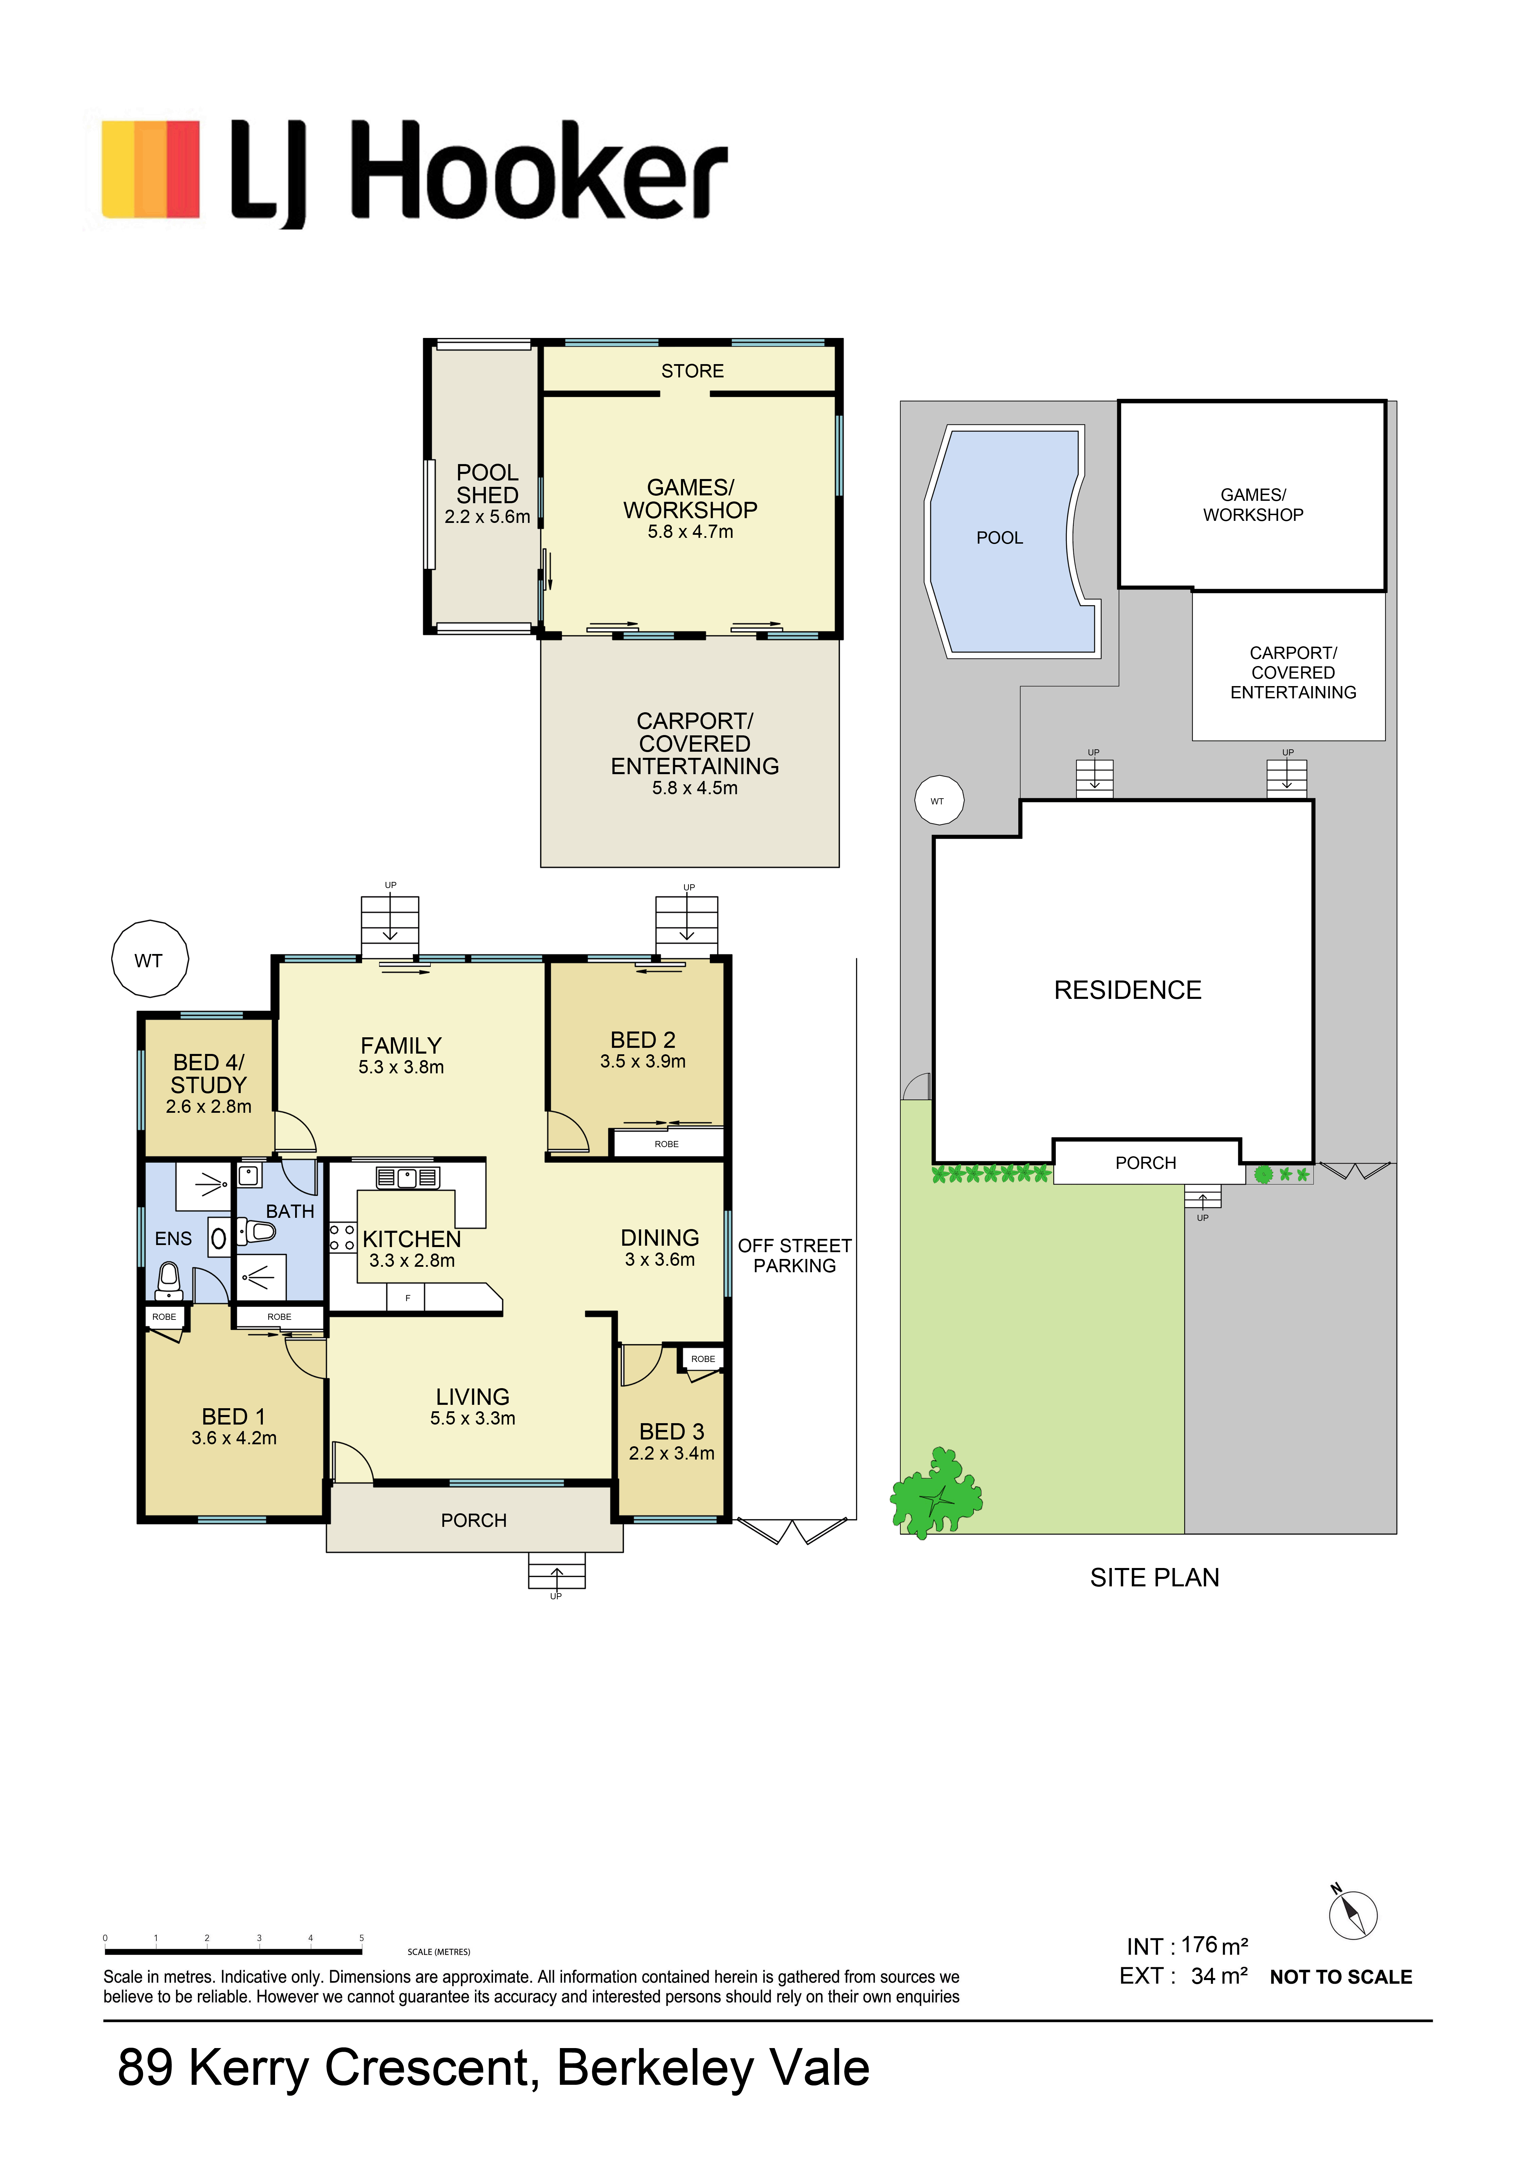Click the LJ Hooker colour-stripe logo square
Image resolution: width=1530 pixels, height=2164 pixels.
click(x=151, y=170)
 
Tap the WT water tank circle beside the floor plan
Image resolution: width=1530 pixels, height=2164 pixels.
click(x=150, y=958)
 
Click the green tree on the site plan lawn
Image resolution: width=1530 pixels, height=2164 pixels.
click(x=936, y=1492)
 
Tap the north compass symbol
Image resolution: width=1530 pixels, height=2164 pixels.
click(x=1353, y=1915)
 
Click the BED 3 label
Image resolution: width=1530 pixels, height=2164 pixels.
click(x=671, y=1432)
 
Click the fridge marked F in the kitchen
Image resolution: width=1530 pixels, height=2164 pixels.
click(x=407, y=1298)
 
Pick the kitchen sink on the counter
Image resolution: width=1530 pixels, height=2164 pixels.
click(x=407, y=1177)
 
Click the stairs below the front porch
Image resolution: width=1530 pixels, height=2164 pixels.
click(x=556, y=1570)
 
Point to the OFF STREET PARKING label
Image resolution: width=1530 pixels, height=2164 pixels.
click(x=795, y=1256)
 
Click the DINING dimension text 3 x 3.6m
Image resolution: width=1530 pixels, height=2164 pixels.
click(x=660, y=1259)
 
